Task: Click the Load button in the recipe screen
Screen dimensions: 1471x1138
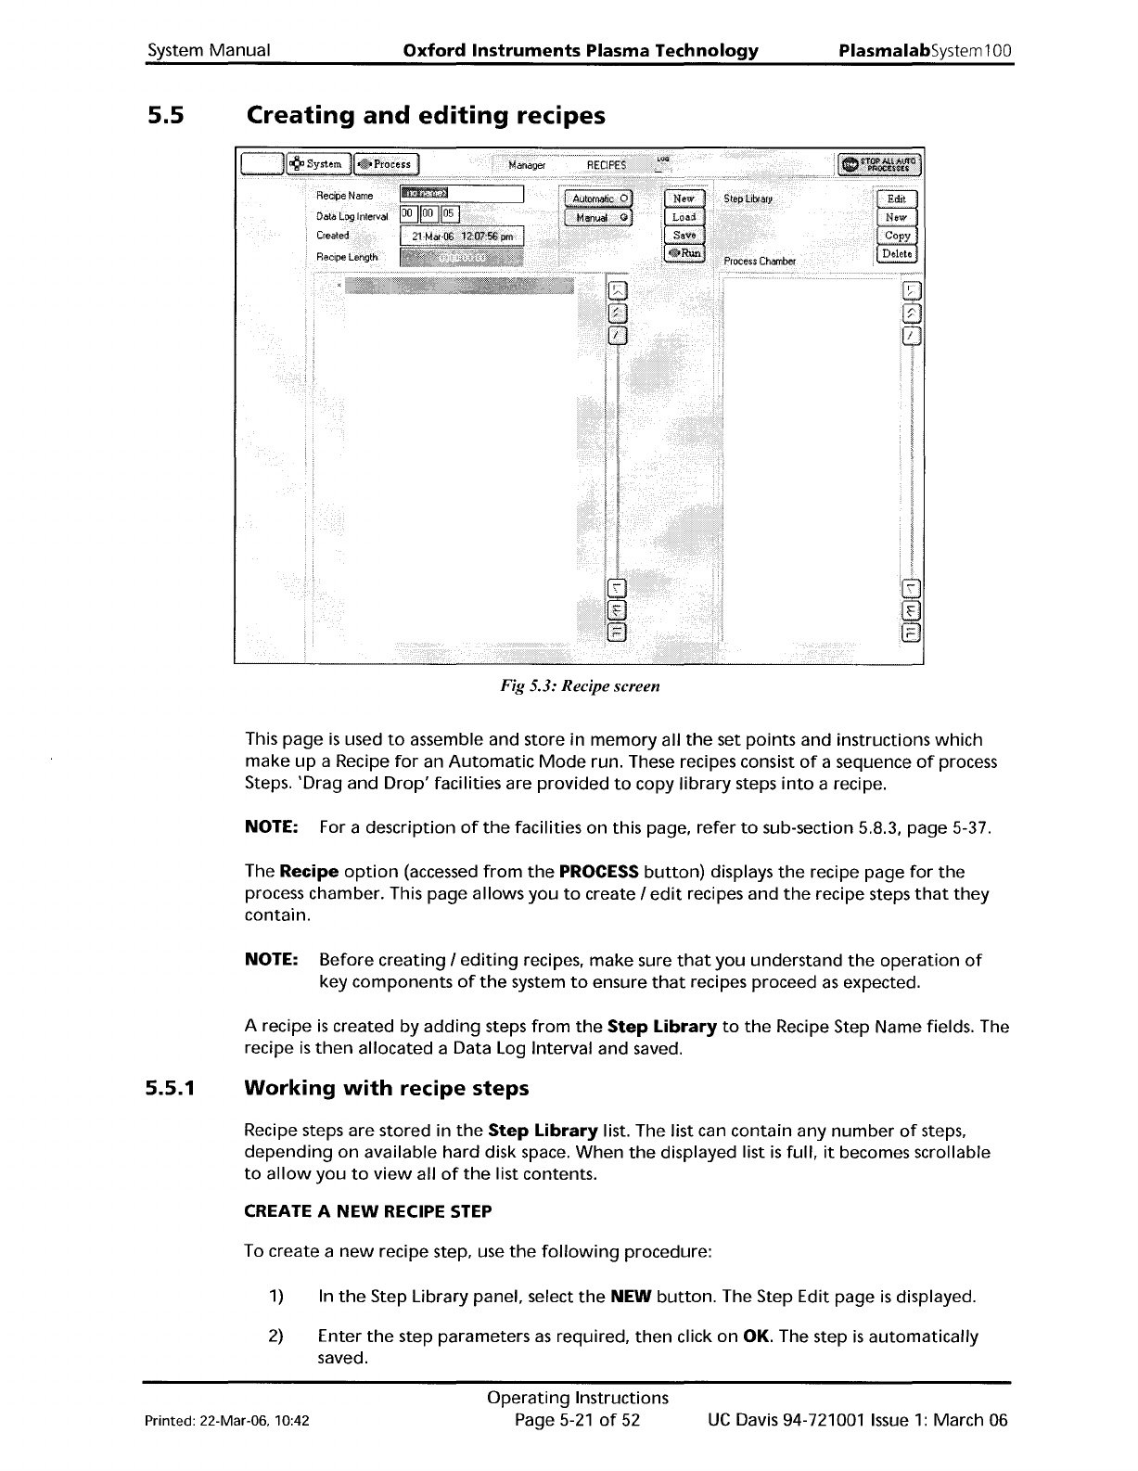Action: pyautogui.click(x=684, y=217)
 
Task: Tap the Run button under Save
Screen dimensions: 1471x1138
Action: pyautogui.click(x=684, y=253)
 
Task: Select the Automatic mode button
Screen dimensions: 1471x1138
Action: pyautogui.click(x=600, y=198)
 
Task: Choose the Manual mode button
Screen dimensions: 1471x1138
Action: pyautogui.click(x=600, y=218)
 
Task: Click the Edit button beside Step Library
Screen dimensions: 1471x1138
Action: pyautogui.click(x=896, y=198)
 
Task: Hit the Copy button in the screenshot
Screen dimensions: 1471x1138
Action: pyautogui.click(x=896, y=236)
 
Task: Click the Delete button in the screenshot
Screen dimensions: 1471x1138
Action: pyautogui.click(x=896, y=254)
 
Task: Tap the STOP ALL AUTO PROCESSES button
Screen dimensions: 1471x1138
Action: pyautogui.click(x=879, y=164)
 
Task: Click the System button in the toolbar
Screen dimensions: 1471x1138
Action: pyautogui.click(x=319, y=164)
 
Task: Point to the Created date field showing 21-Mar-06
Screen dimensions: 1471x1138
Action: pyautogui.click(x=461, y=236)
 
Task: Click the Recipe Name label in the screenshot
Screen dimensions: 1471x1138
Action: pyautogui.click(x=344, y=196)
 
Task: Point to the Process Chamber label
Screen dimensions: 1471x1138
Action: pyautogui.click(x=760, y=262)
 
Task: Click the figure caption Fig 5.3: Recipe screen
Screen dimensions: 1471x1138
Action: pyautogui.click(x=580, y=686)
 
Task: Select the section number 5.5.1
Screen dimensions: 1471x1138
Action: pyautogui.click(x=168, y=1088)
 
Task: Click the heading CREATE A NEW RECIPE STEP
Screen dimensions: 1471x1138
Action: pyautogui.click(x=367, y=1211)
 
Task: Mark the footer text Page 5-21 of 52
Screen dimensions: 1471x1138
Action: pyautogui.click(x=578, y=1421)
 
